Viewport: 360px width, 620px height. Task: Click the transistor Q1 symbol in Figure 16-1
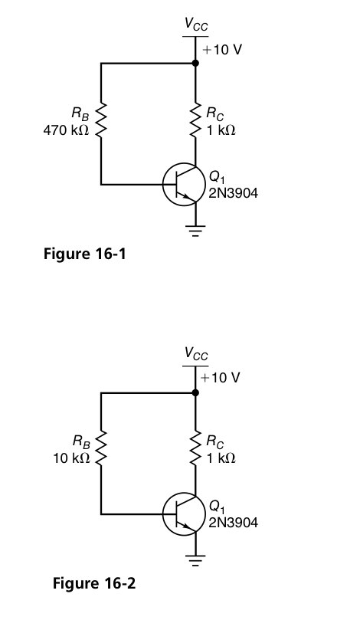point(182,185)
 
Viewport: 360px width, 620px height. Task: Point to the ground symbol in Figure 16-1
point(195,231)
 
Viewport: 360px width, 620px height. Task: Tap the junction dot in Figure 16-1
point(195,65)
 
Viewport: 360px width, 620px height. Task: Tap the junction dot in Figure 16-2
point(195,392)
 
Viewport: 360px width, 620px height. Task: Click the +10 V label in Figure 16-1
point(222,50)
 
